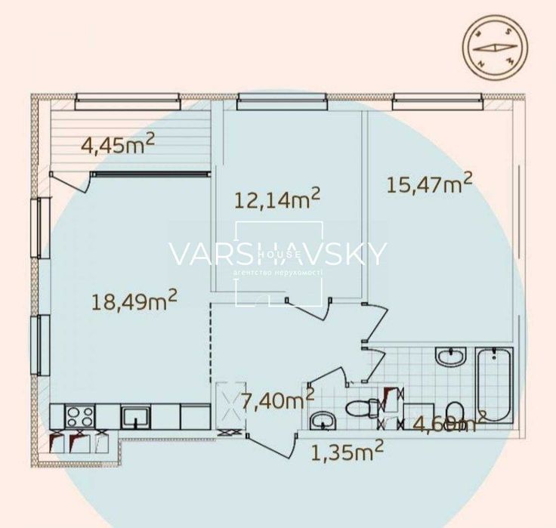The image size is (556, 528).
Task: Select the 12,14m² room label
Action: pos(277,199)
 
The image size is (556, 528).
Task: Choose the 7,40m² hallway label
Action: pos(277,400)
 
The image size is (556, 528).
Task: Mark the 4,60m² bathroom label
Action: pos(449,423)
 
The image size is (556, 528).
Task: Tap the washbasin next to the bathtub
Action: pos(451,356)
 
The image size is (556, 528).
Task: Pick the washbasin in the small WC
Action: pos(323,420)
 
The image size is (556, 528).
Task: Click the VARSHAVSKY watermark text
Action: pos(277,255)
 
